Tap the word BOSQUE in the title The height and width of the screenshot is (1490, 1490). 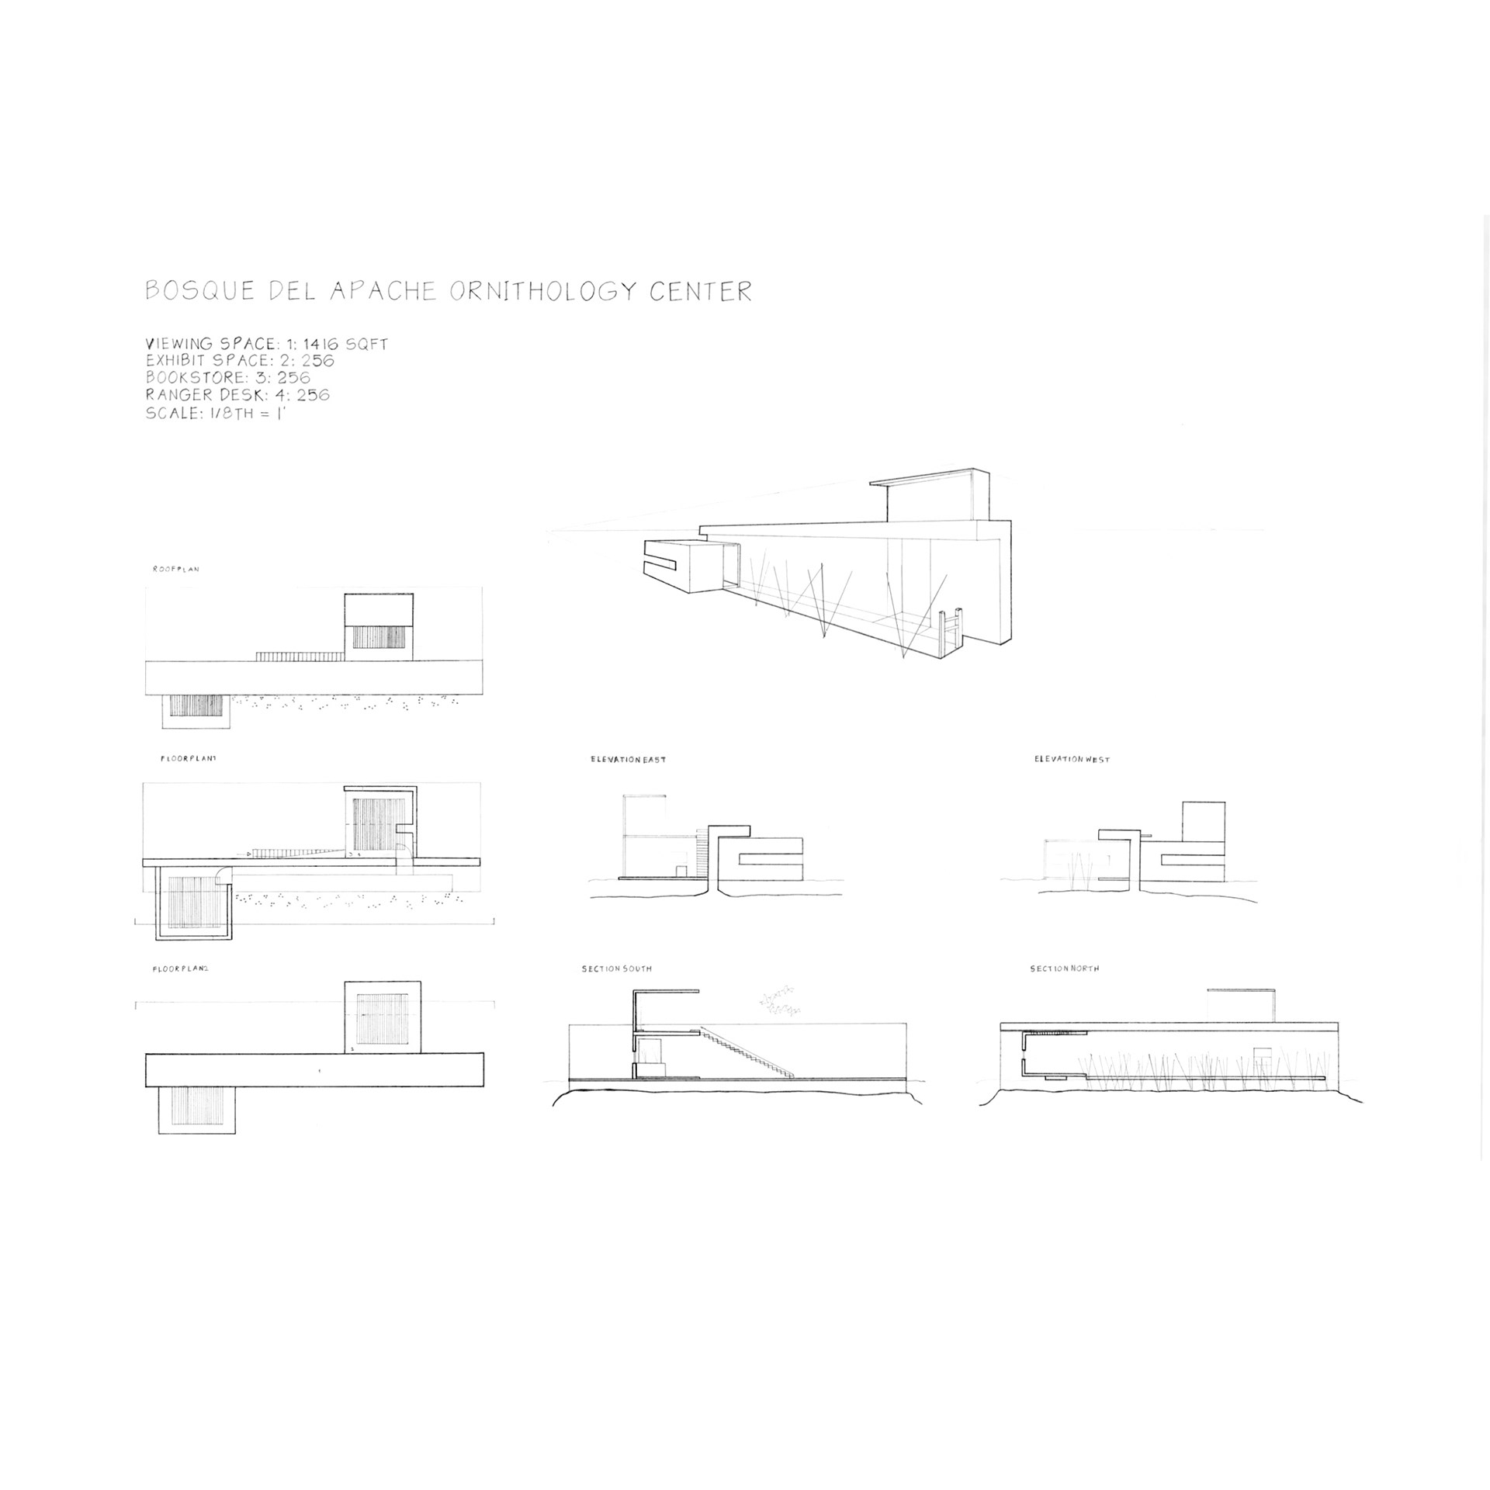200,291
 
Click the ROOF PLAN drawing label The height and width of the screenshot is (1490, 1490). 176,570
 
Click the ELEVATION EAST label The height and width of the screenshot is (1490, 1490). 628,759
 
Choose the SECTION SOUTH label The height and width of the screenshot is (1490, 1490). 617,969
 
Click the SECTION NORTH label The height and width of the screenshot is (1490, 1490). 1064,969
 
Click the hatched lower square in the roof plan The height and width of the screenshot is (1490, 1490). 196,705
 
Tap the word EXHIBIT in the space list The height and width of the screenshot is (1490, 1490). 177,361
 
